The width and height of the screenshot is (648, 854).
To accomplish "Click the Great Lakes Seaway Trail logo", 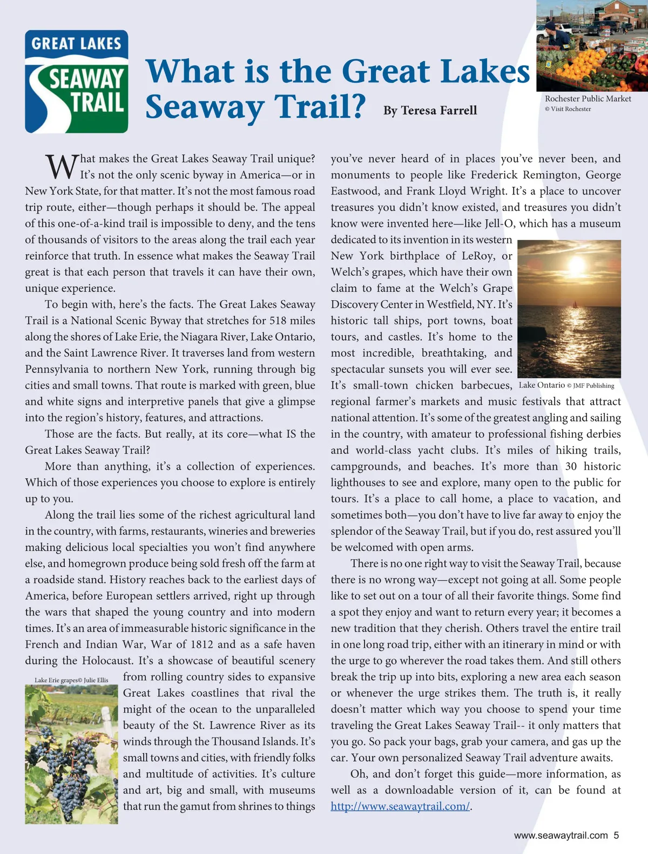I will coord(76,82).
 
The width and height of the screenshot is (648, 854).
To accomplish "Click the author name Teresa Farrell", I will coord(430,111).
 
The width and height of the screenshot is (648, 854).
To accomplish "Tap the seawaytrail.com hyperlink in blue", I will coord(400,806).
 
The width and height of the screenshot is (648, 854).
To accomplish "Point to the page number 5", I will coord(616,836).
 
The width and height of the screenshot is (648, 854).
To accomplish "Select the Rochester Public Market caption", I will coord(588,99).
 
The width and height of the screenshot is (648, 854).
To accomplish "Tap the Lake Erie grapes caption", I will coord(71,680).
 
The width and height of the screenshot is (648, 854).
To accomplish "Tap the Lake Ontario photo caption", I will coord(566,385).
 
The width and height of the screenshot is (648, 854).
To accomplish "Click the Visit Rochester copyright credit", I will coord(568,109).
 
